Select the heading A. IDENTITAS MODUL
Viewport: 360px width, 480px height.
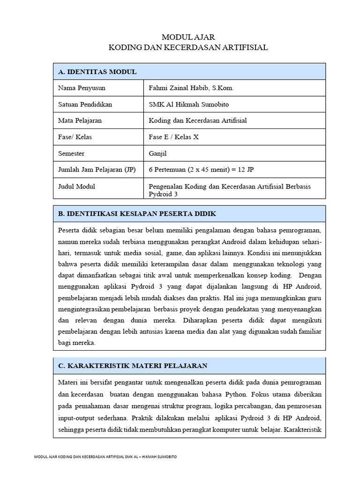pyautogui.click(x=97, y=72)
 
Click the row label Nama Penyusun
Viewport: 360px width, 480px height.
pyautogui.click(x=82, y=88)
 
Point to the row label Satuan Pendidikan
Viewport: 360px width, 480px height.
pyautogui.click(x=85, y=104)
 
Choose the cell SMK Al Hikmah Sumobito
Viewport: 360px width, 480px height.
pyautogui.click(x=189, y=104)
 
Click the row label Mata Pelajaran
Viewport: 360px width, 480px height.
pyautogui.click(x=80, y=120)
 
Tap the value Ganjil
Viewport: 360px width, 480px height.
pyautogui.click(x=157, y=153)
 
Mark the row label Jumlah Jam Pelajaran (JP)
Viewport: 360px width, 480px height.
pyautogui.click(x=97, y=170)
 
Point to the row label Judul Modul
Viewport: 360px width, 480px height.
pyautogui.click(x=76, y=186)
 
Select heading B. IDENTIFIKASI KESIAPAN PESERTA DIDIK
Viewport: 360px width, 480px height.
pyautogui.click(x=137, y=213)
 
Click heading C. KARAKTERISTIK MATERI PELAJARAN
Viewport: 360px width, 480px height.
pyautogui.click(x=133, y=365)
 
